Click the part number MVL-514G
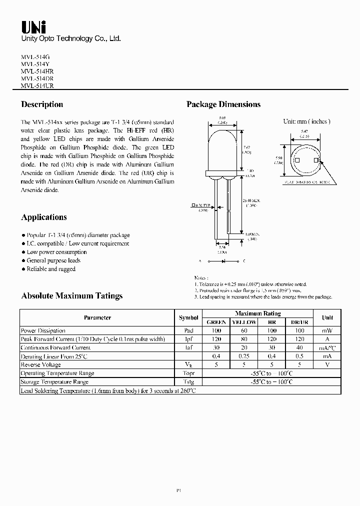35,57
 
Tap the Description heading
42,104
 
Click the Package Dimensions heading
223,104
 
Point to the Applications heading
44,217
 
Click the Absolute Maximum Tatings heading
71,295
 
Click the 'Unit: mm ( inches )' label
306,121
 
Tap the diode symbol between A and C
222,261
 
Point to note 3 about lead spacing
263,297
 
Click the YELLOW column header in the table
244,322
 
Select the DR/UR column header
299,322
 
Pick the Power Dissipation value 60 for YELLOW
244,330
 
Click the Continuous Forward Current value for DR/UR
299,347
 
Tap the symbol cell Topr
188,373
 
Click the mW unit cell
327,330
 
